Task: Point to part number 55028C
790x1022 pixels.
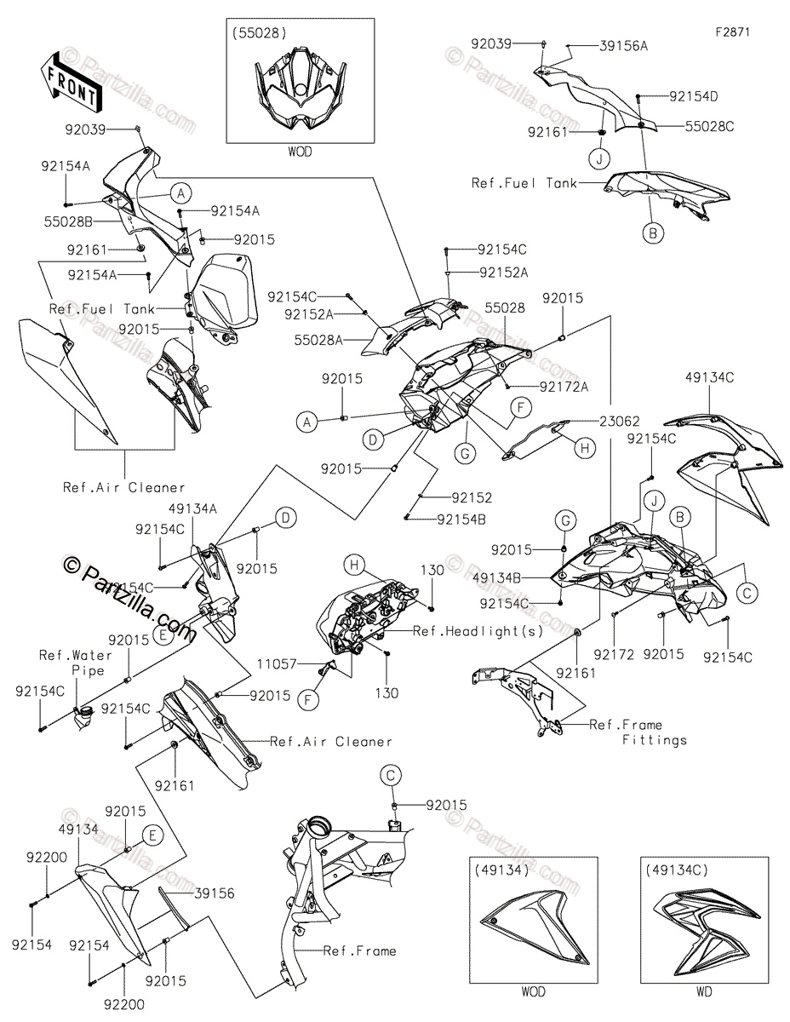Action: (x=709, y=126)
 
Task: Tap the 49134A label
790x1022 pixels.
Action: (x=193, y=508)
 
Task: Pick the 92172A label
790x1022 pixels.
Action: (x=562, y=387)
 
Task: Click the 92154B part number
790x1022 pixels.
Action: (x=463, y=519)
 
